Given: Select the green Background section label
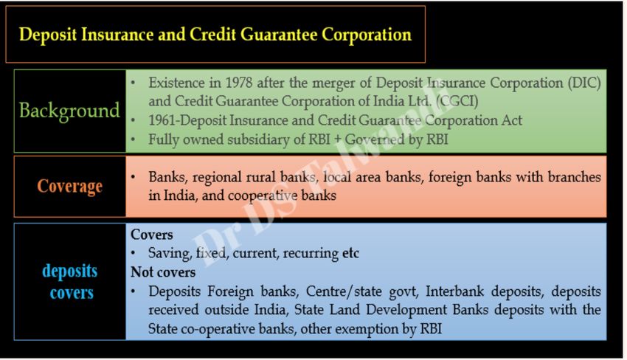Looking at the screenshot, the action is (x=69, y=111).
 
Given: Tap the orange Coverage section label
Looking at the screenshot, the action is (x=69, y=187).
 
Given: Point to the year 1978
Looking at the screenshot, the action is (x=239, y=83).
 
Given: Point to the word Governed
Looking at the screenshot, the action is (x=375, y=139).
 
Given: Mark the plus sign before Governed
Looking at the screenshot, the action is (x=337, y=140).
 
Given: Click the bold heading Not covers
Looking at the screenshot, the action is (x=163, y=272).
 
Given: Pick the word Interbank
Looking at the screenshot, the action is (x=454, y=291).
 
